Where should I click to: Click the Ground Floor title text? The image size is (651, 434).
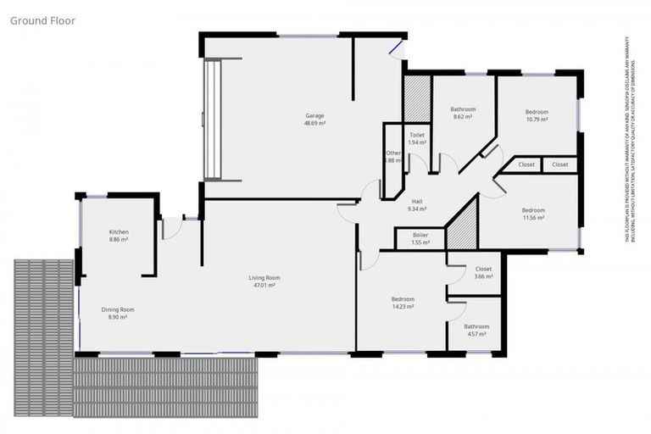[x=43, y=19]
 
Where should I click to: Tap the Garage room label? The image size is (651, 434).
[x=314, y=115]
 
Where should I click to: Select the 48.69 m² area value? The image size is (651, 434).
[x=314, y=123]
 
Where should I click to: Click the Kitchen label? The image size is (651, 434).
[x=118, y=231]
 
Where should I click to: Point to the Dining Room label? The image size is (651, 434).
[x=118, y=309]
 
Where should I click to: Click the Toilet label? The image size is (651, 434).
[x=417, y=135]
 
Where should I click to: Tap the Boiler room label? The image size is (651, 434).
[x=420, y=235]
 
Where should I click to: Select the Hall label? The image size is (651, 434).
[x=417, y=201]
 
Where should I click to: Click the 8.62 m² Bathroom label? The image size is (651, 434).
[x=463, y=109]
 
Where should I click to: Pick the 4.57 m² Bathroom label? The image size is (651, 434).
[x=476, y=326]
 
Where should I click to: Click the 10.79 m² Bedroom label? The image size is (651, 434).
[x=537, y=112]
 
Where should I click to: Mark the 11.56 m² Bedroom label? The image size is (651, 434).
[x=533, y=210]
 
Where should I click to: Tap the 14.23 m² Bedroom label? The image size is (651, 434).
[x=403, y=299]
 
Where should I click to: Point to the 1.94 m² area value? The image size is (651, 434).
[x=417, y=142]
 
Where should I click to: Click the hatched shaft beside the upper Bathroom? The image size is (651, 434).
[x=417, y=98]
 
